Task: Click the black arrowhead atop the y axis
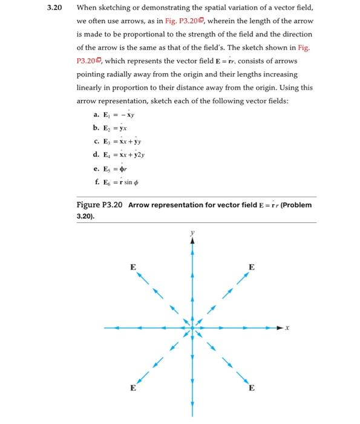192,240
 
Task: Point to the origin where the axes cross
192,328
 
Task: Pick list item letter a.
97,114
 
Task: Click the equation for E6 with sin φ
126,181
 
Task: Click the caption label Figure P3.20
98,205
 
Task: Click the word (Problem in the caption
296,205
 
